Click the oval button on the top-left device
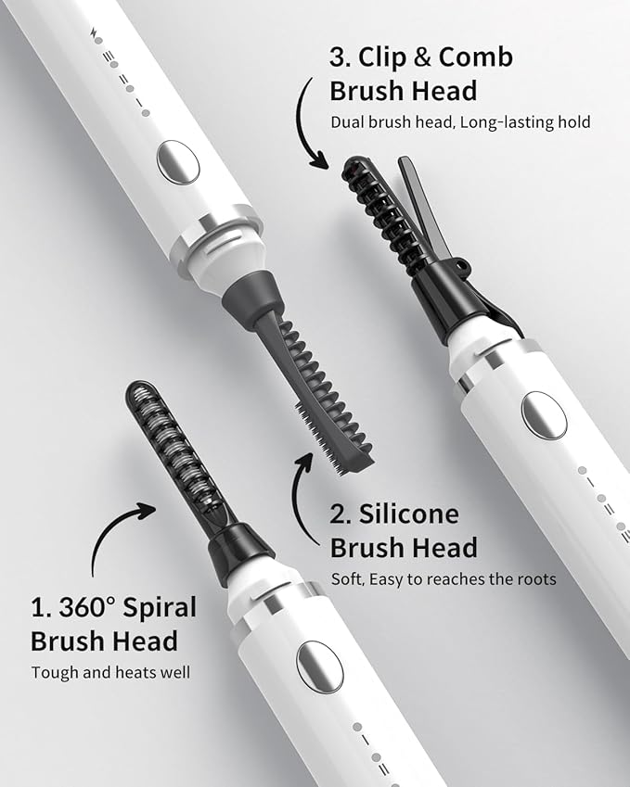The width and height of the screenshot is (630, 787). (177, 162)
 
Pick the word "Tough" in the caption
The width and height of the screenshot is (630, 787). (54, 672)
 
